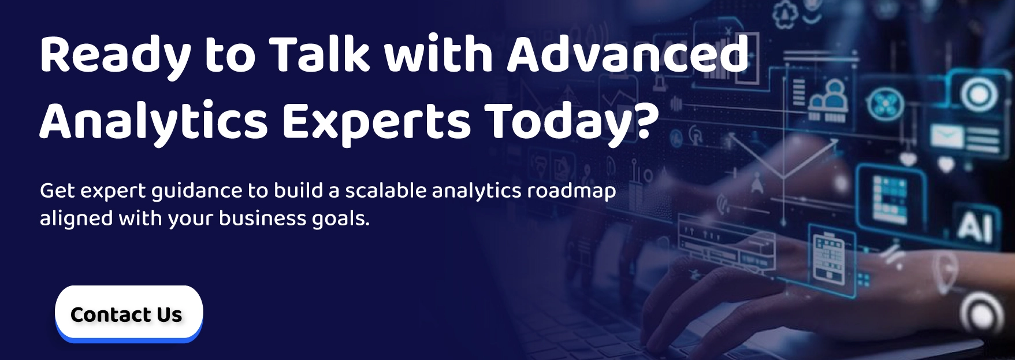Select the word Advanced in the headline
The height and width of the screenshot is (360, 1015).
pos(627,54)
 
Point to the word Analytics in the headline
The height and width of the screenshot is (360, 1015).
pos(153,122)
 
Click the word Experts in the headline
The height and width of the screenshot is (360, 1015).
pos(376,122)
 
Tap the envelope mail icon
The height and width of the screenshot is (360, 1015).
pos(946,137)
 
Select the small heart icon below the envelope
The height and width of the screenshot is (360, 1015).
pos(945,165)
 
